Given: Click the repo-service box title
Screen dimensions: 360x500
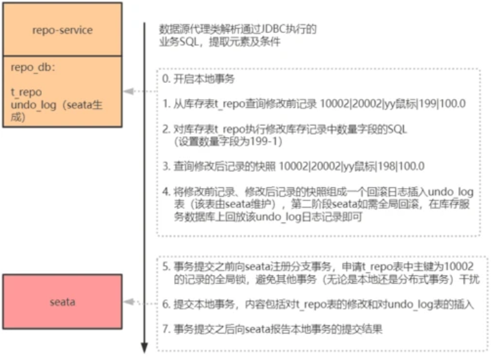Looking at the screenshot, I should point(62,30).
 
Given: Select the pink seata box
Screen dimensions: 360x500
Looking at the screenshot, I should point(62,302).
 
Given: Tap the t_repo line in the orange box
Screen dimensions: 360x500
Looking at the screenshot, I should point(27,92).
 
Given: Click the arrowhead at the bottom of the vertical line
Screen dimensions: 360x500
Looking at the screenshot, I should point(144,348).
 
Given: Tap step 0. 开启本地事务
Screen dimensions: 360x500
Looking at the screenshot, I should point(197,80).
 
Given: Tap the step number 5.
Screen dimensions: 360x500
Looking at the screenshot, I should point(165,266).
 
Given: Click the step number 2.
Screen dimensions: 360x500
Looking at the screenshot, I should point(165,128).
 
